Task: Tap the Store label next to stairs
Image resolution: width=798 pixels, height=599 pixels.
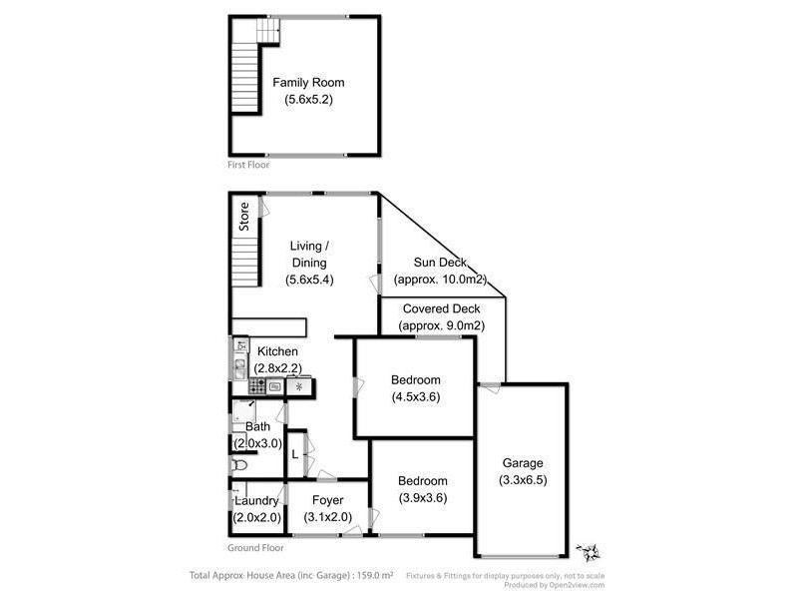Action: [243, 217]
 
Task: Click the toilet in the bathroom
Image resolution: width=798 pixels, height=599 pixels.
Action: [239, 465]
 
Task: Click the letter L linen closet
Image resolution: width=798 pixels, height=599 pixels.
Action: [294, 455]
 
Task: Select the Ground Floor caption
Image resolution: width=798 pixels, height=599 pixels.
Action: [256, 547]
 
